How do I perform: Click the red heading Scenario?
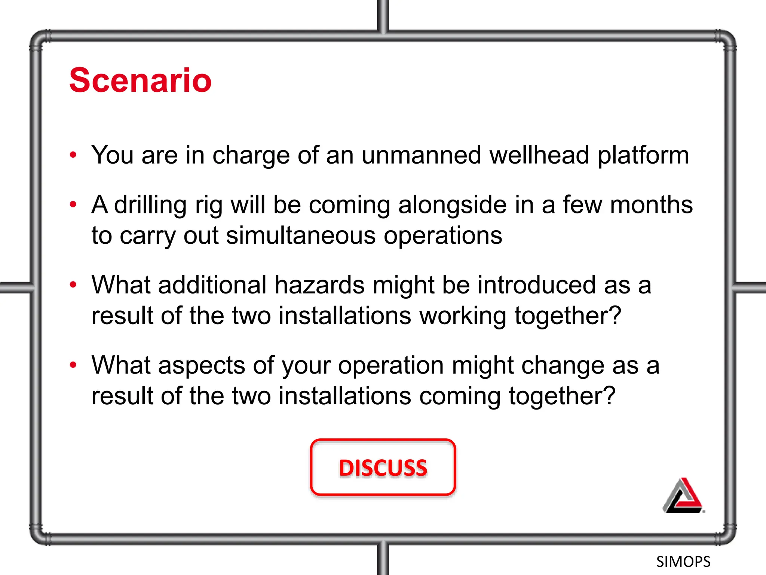coord(140,80)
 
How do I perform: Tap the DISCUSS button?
coord(383,467)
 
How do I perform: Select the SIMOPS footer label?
coord(683,562)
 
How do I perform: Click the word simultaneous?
coord(301,236)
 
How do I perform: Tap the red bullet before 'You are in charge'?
coord(73,155)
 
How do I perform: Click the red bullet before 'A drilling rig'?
coord(73,204)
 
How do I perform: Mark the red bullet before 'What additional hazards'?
coord(73,285)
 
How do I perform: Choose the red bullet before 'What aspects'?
coord(73,365)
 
